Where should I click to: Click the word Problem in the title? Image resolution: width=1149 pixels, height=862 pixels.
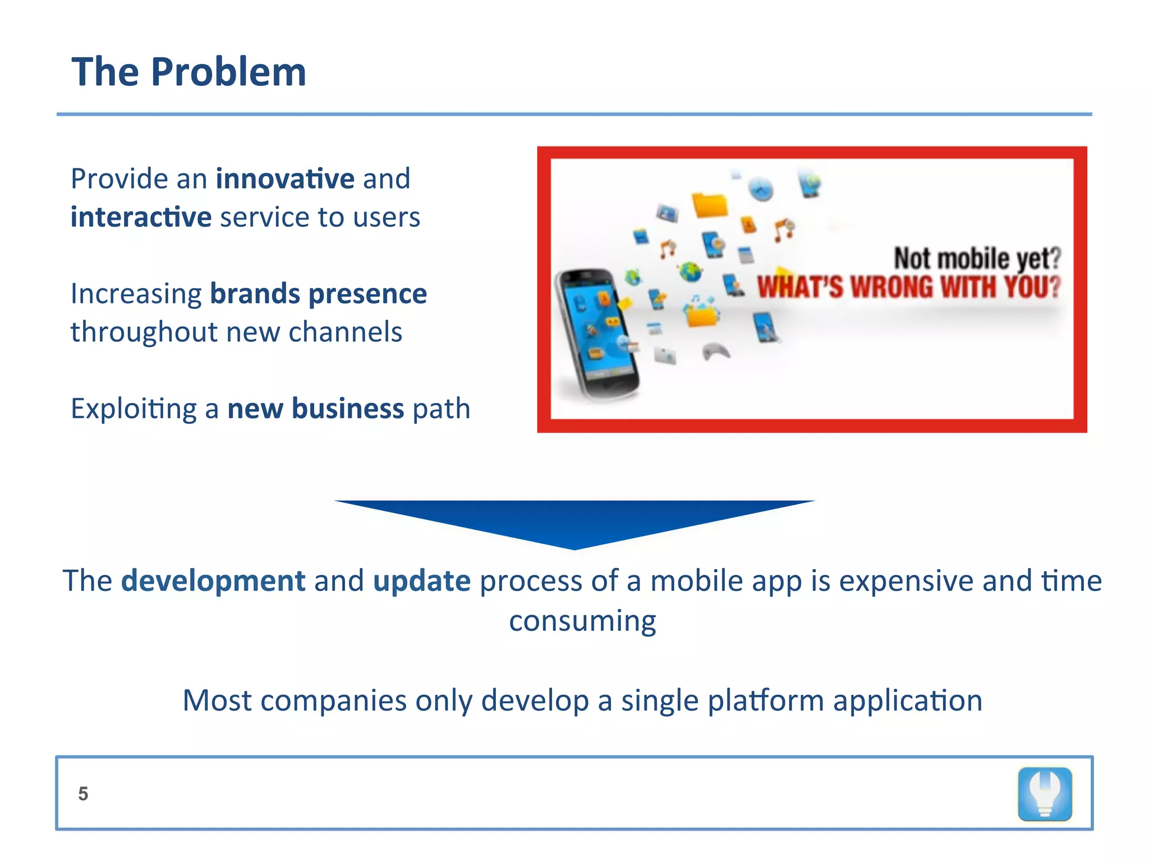pos(228,73)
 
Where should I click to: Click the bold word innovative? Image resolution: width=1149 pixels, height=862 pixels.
pos(285,179)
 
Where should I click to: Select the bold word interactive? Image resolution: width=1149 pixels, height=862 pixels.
pos(141,217)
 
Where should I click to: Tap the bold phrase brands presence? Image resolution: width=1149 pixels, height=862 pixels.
pos(318,294)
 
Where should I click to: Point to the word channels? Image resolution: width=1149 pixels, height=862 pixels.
pos(345,332)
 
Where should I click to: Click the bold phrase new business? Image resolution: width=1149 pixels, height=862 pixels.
pos(315,409)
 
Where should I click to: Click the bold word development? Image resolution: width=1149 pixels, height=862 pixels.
pos(213,581)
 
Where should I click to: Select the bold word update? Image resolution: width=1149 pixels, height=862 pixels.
pos(421,581)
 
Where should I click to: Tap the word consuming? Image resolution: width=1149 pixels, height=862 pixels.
pos(582,621)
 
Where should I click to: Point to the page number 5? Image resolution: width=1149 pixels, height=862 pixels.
pos(83,794)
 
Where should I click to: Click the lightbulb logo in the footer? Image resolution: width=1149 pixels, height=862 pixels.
pos(1045,794)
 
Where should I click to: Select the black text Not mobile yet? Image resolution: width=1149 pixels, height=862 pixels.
pos(977,258)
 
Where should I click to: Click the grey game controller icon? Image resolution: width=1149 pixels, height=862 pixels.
pos(716,352)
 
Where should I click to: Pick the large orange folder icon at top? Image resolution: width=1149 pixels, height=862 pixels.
pos(710,205)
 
